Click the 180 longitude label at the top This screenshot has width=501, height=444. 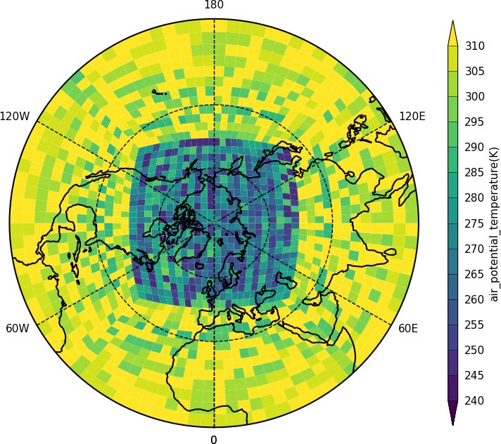[214, 6]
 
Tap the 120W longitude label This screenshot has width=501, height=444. [15, 116]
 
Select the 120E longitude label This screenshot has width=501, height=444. [412, 116]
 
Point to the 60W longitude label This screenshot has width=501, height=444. [18, 328]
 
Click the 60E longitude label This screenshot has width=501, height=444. [409, 328]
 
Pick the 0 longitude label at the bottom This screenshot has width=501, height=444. [214, 440]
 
